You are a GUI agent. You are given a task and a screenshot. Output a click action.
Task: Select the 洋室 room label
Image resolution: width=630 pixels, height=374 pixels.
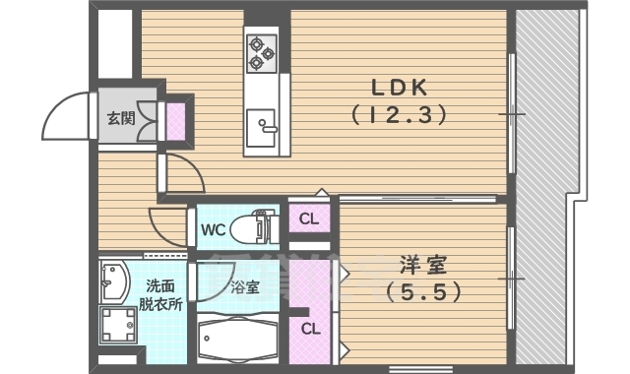(422, 265)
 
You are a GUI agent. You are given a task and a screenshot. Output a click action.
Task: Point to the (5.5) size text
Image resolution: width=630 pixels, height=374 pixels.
(422, 292)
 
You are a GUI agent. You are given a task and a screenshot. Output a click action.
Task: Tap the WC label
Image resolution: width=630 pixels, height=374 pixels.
(215, 230)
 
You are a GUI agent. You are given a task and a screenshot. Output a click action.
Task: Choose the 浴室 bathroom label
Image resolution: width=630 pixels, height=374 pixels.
(244, 288)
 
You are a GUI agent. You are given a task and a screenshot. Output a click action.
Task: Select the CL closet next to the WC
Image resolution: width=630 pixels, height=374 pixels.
(308, 219)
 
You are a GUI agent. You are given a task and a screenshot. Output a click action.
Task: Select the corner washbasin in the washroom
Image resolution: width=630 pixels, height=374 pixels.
(113, 280)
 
